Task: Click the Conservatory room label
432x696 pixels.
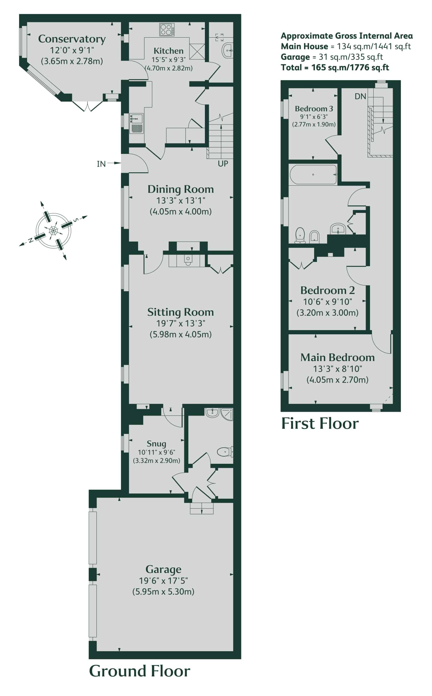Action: click(x=72, y=39)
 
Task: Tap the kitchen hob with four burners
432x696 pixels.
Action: click(x=167, y=29)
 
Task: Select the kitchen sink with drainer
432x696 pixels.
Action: click(x=136, y=123)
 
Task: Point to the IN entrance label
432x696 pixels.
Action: click(x=101, y=164)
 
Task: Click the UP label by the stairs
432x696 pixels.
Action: click(x=223, y=163)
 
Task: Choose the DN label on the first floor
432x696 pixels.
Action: click(x=360, y=97)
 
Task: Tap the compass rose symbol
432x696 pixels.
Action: click(x=53, y=231)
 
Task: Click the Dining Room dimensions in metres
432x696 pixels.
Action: click(x=180, y=212)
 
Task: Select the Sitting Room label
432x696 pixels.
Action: click(x=180, y=312)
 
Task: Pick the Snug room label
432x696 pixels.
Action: click(x=156, y=444)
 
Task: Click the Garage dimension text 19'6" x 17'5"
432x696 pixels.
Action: click(x=163, y=581)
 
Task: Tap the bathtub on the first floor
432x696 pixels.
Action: click(x=313, y=174)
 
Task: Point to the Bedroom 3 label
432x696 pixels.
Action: click(x=314, y=109)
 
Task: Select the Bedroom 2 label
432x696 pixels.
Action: click(x=328, y=290)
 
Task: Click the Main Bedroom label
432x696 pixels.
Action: click(x=337, y=358)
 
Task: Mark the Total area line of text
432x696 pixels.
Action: click(x=335, y=67)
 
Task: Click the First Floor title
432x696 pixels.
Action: click(x=320, y=424)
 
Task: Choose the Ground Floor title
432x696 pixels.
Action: click(x=139, y=671)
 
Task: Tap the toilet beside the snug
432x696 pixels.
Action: click(x=225, y=452)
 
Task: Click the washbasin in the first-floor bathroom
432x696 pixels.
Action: click(x=338, y=229)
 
